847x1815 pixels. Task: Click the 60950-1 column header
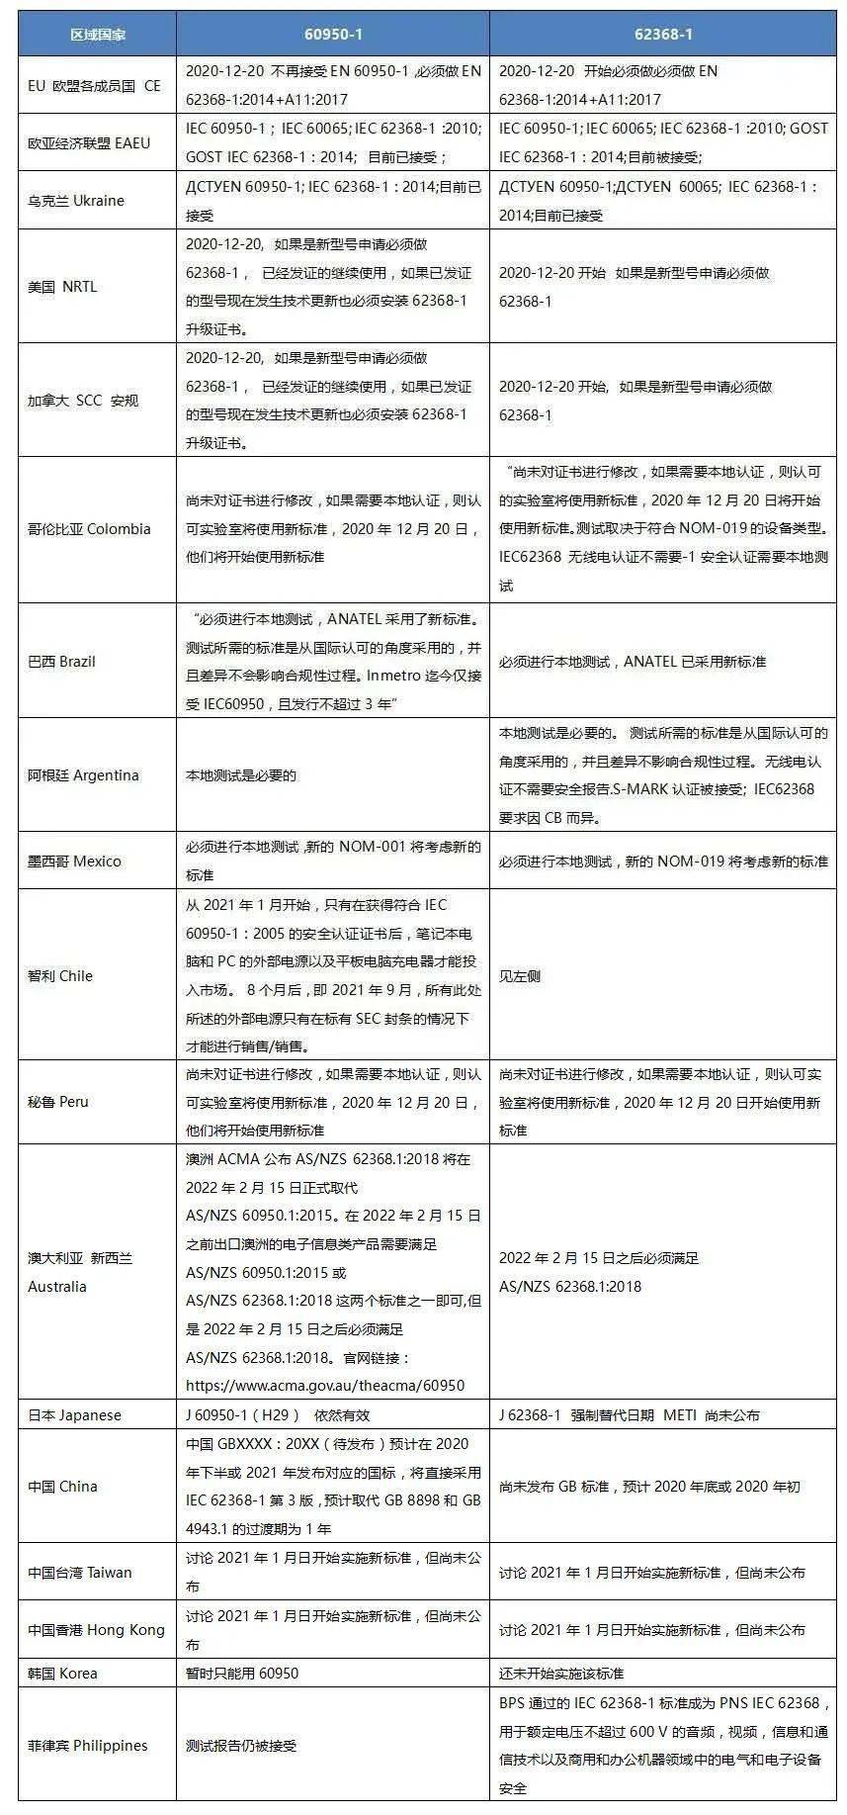[332, 34]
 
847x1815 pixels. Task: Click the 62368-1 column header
[662, 34]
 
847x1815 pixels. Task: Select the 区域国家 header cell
[97, 35]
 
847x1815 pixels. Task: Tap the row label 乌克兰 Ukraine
[76, 201]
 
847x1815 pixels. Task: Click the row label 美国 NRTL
[62, 287]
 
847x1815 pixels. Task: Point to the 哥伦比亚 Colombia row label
[89, 529]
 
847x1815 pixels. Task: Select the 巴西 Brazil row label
[61, 662]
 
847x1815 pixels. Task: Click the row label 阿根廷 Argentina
[83, 775]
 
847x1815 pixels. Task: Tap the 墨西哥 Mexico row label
[74, 862]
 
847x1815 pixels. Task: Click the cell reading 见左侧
[519, 976]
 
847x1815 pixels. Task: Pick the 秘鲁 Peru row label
[58, 1102]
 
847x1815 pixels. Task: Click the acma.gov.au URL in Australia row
[325, 1386]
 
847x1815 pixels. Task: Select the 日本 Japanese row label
[74, 1415]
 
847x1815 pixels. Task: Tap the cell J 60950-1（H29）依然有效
[278, 1415]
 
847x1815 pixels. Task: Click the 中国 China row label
[62, 1487]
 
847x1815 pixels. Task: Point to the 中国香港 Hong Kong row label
[96, 1630]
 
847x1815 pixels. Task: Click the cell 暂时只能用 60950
[242, 1674]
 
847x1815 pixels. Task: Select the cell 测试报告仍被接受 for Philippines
[241, 1746]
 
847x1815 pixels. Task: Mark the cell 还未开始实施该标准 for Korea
[561, 1674]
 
